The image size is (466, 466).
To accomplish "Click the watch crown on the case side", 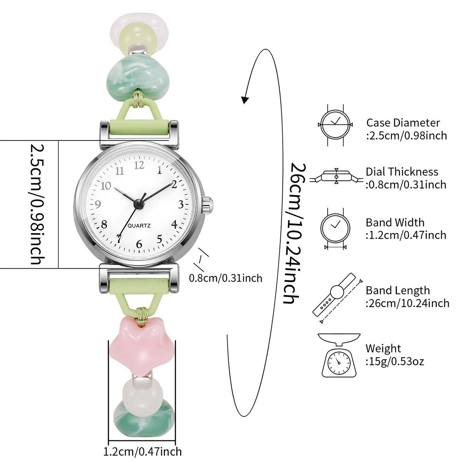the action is (208, 205).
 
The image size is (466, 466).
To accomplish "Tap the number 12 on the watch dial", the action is (139, 165).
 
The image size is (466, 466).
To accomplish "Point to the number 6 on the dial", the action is (139, 244).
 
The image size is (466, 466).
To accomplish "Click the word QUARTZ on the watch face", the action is (139, 226).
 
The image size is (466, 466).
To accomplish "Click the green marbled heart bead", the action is (138, 78).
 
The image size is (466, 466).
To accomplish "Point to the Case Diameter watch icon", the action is (335, 125).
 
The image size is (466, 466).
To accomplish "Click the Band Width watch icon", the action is (335, 229).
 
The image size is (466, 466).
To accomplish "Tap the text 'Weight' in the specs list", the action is (383, 348).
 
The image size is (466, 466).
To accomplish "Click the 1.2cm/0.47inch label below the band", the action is (143, 452).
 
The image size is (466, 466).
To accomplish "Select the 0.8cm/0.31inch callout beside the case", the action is (226, 278).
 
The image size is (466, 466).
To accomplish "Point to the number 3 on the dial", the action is (181, 205).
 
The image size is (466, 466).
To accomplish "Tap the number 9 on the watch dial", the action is (98, 205).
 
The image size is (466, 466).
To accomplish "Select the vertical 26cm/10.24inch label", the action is (294, 233).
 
